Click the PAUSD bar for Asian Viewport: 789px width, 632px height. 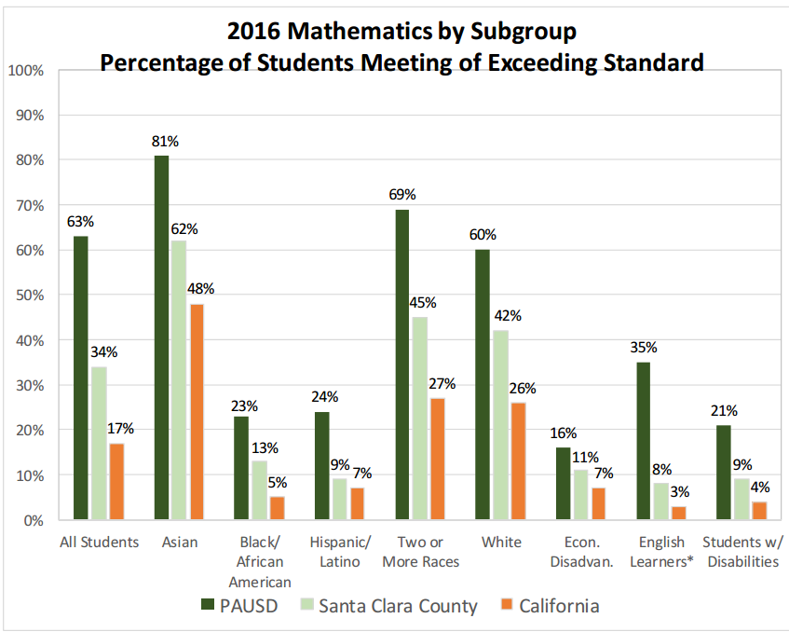click(x=162, y=337)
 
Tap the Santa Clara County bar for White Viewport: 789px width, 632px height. click(x=501, y=425)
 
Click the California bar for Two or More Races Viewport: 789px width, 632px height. click(x=438, y=459)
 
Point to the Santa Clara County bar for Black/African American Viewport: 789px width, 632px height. click(x=261, y=490)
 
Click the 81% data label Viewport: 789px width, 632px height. click(x=165, y=142)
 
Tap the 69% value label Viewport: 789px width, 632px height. click(x=402, y=195)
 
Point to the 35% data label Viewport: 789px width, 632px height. click(x=644, y=348)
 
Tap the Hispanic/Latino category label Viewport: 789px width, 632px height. click(x=341, y=551)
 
